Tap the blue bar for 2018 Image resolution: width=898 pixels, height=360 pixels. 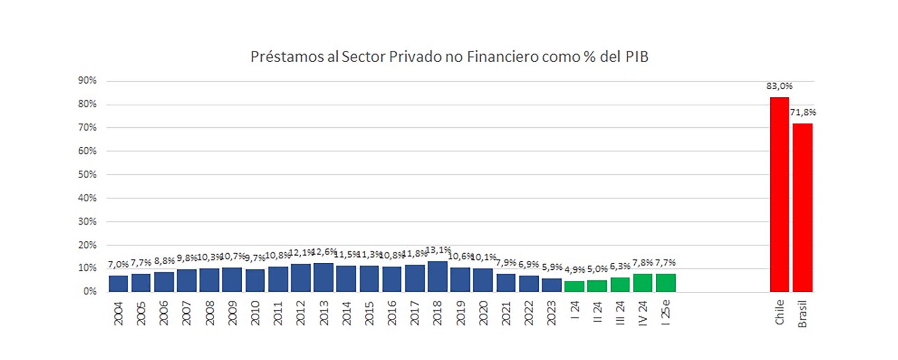tap(437, 276)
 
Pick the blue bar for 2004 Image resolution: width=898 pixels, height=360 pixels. tap(118, 283)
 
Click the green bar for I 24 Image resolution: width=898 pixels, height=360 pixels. tap(574, 286)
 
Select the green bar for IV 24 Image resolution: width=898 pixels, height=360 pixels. tap(643, 282)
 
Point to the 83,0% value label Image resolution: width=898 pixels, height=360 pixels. tap(779, 86)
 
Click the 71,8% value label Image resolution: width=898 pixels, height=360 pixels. tap(803, 112)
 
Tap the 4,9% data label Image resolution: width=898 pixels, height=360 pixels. tap(574, 270)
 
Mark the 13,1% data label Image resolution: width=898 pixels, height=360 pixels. tap(438, 250)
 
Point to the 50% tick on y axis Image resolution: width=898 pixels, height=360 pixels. tap(87, 174)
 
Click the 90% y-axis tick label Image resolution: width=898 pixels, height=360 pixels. tap(87, 80)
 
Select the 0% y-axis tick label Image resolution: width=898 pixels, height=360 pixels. tap(89, 291)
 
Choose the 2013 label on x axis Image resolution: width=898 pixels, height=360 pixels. tap(324, 313)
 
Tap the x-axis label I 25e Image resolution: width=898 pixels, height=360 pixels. tap(666, 312)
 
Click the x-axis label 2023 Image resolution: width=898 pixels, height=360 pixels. tap(551, 313)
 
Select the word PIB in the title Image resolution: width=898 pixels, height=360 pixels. tap(637, 57)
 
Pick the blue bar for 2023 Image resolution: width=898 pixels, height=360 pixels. tap(551, 285)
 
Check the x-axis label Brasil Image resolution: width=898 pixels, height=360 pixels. tap(802, 314)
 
